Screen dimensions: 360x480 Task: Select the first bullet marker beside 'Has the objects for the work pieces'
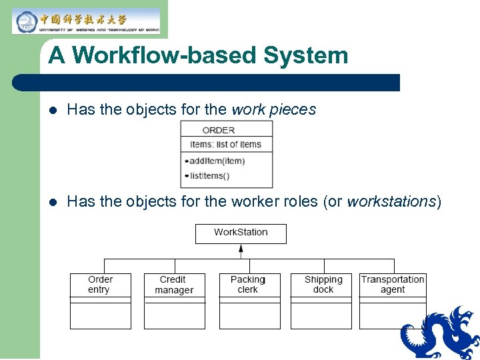click(x=53, y=110)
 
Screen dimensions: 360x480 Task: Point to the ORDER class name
click(x=219, y=130)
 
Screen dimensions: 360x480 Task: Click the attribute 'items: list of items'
click(x=226, y=144)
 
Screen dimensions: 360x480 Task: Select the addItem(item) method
click(x=217, y=161)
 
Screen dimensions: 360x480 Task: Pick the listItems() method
click(x=209, y=176)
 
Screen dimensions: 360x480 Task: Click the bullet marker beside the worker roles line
click(x=53, y=202)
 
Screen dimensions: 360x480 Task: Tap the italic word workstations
click(x=391, y=201)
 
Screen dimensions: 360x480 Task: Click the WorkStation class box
click(x=241, y=233)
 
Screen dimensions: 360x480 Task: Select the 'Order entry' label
click(x=100, y=285)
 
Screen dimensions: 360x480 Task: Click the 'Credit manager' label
click(x=173, y=285)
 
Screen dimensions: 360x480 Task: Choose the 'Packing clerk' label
click(x=248, y=285)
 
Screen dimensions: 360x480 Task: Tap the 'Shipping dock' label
click(x=323, y=285)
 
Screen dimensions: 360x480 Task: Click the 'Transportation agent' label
click(x=393, y=285)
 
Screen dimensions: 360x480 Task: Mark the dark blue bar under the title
click(x=207, y=83)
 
